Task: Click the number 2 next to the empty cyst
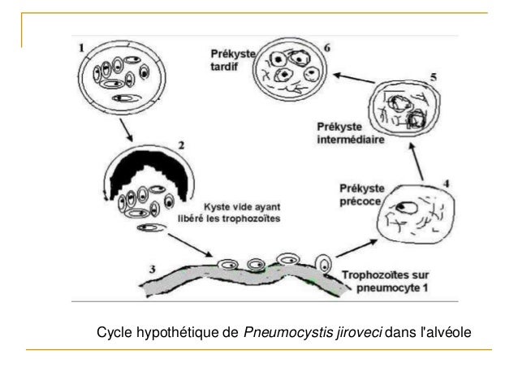182,147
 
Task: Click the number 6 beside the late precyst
326,48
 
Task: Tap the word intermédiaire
350,139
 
